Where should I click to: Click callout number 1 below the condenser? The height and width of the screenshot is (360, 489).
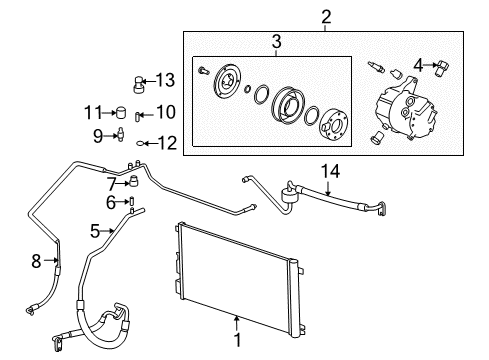pyautogui.click(x=236, y=349)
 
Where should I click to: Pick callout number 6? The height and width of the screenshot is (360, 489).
pyautogui.click(x=112, y=204)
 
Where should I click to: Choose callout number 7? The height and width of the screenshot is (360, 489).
pyautogui.click(x=111, y=182)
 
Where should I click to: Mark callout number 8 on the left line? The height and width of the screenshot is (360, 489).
pyautogui.click(x=37, y=263)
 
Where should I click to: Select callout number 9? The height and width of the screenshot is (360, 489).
pyautogui.click(x=99, y=135)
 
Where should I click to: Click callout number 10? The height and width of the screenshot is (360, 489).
pyautogui.click(x=165, y=112)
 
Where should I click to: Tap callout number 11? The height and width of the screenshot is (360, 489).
pyautogui.click(x=93, y=111)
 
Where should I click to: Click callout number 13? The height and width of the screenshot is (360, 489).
pyautogui.click(x=165, y=80)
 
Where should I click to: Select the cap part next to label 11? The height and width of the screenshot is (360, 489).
pyautogui.click(x=119, y=112)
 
